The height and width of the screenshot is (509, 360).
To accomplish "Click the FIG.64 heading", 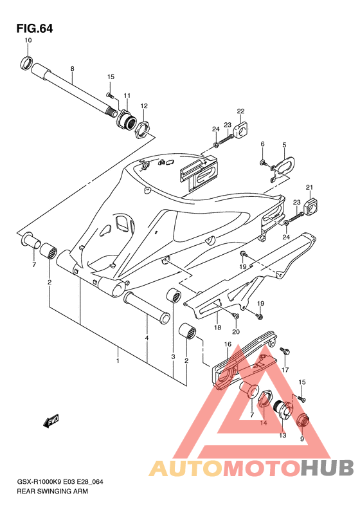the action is point(35,28).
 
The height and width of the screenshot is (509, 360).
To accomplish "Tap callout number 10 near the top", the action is point(28,41).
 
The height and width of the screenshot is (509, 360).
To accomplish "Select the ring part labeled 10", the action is point(26,63).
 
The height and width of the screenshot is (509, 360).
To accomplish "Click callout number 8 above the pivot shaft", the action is point(73,69).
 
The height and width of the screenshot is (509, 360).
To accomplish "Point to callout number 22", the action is point(240,111).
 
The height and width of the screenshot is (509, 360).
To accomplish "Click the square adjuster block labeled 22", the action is point(241,130).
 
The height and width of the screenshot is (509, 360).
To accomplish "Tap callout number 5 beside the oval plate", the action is point(284,145).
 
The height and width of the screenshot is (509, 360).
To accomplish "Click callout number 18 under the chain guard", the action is point(218,327).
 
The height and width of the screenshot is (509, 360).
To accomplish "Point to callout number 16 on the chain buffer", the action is point(228,344).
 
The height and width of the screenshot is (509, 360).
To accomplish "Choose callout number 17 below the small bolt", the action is point(285,369).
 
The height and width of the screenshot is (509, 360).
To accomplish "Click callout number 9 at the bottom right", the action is point(302,439).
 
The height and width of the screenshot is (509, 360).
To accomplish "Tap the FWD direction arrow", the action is point(50,421).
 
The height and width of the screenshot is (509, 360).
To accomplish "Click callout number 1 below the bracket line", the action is point(118,360).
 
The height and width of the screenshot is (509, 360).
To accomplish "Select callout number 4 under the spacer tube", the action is point(147,338).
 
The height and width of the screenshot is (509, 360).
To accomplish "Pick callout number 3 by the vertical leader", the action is point(173,356).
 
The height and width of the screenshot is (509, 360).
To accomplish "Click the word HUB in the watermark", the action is point(327,468).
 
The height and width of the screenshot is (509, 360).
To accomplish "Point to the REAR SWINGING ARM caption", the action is point(52,491).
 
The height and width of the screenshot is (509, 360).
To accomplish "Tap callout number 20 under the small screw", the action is point(236,331).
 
